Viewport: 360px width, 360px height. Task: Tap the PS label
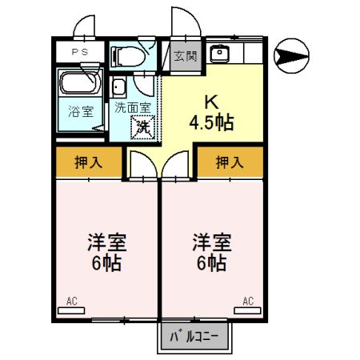(78, 53)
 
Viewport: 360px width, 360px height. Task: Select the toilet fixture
(127, 54)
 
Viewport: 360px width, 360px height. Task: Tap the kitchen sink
(218, 54)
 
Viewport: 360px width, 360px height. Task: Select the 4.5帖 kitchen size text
(211, 123)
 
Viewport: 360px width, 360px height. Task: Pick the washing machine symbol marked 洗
(143, 126)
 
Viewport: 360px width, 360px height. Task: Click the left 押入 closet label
(88, 163)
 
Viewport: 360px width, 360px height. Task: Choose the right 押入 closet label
(230, 163)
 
